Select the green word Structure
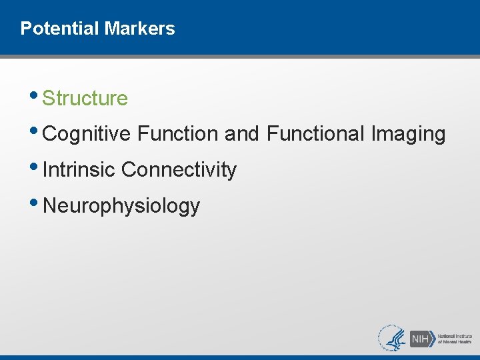[85, 99]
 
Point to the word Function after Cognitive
[178, 134]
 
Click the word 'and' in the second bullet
[242, 134]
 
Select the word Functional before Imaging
[316, 134]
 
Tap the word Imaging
[409, 134]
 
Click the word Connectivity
[179, 170]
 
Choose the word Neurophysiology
[121, 206]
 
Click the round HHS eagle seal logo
[393, 337]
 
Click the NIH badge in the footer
[421, 338]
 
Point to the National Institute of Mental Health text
[455, 338]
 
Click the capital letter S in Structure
[48, 99]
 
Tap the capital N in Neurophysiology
[49, 205]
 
